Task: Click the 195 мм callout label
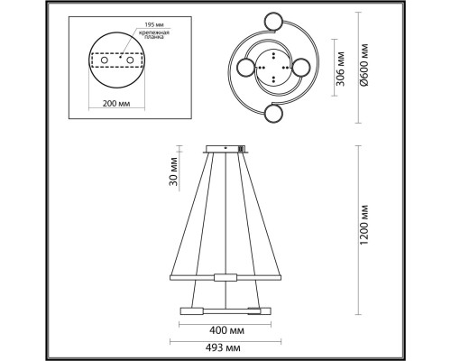coord(154,24)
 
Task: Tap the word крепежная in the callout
coord(154,32)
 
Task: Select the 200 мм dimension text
coord(116,104)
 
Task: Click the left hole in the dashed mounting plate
coord(104,60)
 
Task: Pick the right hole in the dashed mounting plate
coord(130,60)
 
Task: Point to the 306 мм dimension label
coord(341,69)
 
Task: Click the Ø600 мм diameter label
coord(364,65)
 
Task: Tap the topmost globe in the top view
coord(273,21)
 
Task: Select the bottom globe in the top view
coord(273,113)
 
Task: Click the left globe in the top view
coord(246,68)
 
